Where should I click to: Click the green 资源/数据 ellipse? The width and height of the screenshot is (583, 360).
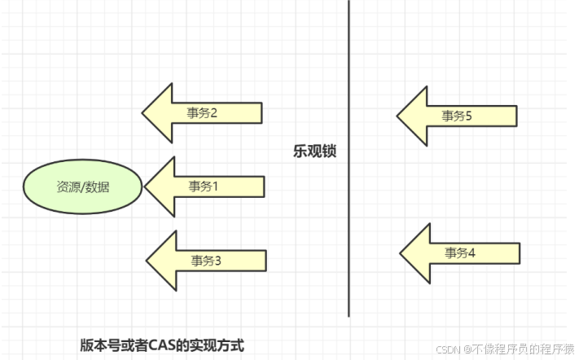point(82,187)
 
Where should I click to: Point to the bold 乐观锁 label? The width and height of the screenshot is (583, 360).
point(314,151)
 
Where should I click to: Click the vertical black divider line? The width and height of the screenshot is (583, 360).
point(348,204)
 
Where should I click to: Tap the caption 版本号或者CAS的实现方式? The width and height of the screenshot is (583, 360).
point(162,345)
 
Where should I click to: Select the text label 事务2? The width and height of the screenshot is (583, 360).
point(202,113)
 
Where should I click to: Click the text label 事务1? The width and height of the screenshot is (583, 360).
point(204,187)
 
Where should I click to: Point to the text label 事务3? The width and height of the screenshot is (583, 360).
point(206,261)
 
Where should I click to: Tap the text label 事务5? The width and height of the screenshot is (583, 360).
point(458,116)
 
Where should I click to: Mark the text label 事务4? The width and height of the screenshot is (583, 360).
point(460,253)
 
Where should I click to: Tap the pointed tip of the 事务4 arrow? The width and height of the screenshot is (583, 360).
point(401,253)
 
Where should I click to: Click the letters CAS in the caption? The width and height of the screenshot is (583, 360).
point(161,345)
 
